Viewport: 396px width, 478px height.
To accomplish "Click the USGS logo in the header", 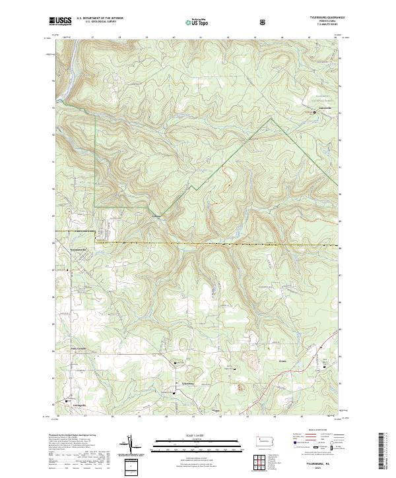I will click(60, 22).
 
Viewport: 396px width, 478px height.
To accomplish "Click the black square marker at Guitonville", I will click(314, 113).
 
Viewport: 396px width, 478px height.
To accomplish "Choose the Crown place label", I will click(282, 359).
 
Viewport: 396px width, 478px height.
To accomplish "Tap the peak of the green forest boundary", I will click(271, 119).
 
